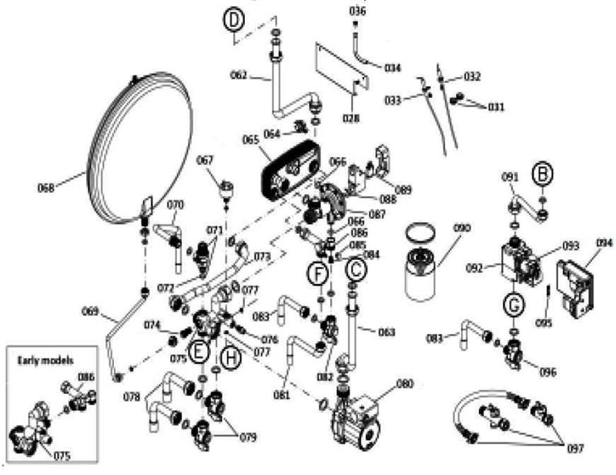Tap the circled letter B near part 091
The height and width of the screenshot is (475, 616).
(x=544, y=175)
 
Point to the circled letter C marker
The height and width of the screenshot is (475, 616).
(x=355, y=269)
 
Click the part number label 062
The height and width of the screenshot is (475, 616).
(x=239, y=75)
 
